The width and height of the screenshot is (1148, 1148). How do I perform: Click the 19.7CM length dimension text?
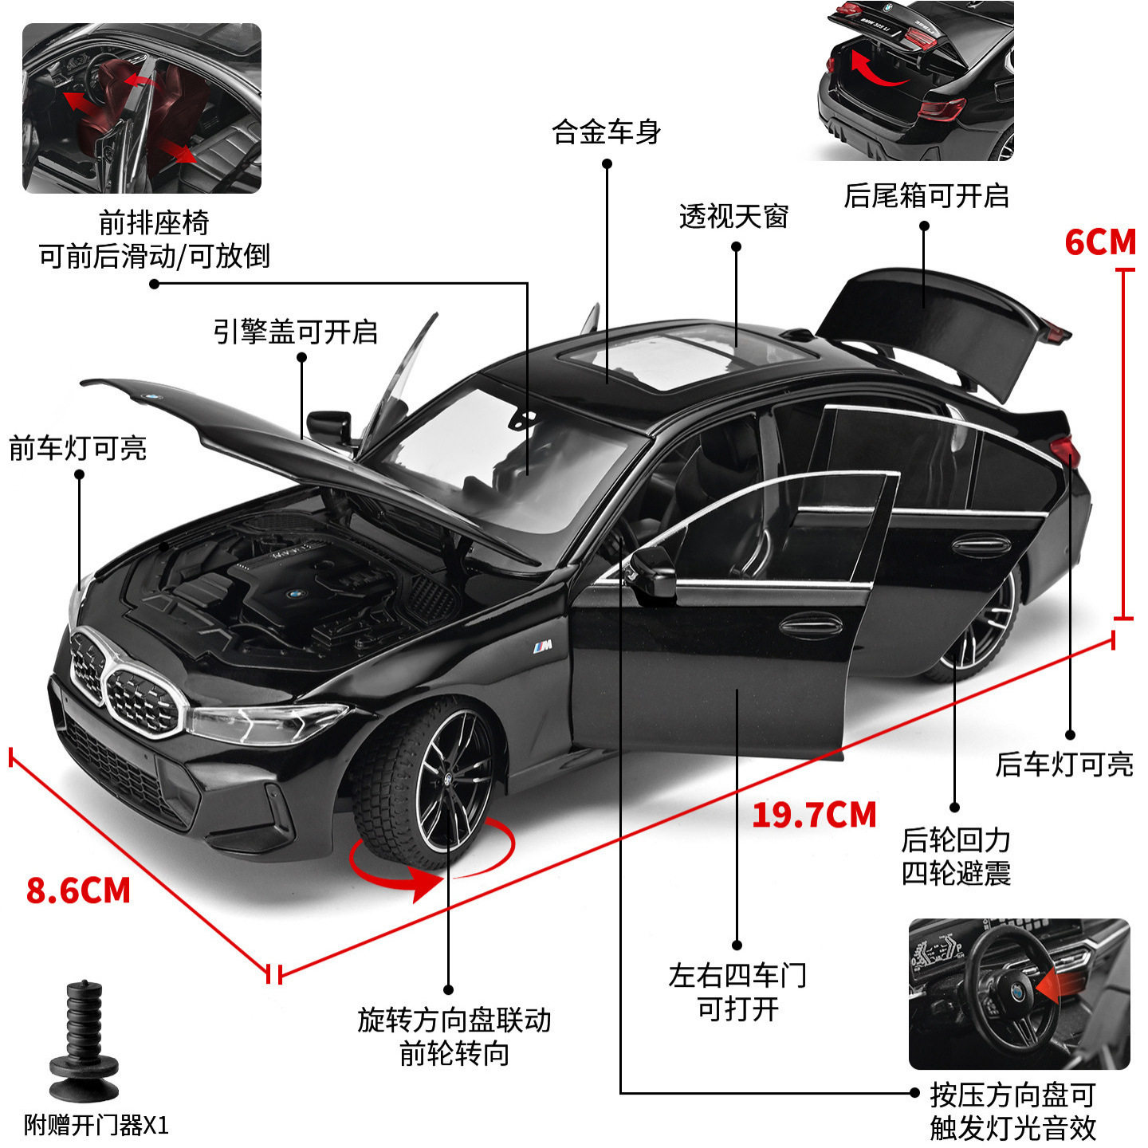[x=814, y=815]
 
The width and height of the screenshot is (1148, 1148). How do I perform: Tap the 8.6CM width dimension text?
[x=78, y=891]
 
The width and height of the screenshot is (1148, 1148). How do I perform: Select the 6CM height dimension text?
[x=1099, y=242]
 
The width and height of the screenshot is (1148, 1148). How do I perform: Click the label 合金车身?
[x=607, y=132]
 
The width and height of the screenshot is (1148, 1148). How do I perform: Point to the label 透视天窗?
[x=734, y=216]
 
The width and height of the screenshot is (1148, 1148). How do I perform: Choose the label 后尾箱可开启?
[x=926, y=196]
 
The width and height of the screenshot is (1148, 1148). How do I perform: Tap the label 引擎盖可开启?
[x=296, y=332]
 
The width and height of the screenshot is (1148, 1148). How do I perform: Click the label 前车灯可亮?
[x=78, y=449]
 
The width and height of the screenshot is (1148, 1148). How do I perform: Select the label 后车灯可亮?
[x=1064, y=765]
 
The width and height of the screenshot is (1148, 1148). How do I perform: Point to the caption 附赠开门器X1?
[x=96, y=1125]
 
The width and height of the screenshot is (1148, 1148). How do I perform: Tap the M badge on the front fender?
[x=542, y=646]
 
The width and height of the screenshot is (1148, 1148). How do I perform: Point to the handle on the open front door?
[x=811, y=626]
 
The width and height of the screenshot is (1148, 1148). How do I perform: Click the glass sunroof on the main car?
[x=685, y=360]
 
